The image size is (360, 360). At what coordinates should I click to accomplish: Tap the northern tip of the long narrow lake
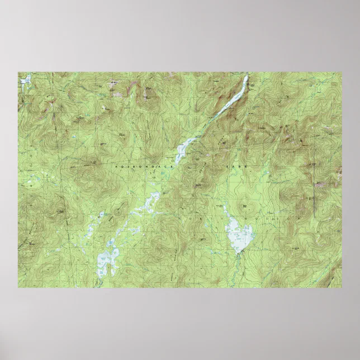point(247,77)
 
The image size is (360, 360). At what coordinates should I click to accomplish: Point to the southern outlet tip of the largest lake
point(239,252)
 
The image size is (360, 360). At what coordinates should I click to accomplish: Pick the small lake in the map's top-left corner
point(25,80)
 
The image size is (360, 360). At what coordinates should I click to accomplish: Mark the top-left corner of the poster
point(18,72)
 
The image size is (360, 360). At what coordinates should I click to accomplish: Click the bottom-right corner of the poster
point(342,288)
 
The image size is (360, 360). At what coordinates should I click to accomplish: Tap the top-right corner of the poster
point(342,72)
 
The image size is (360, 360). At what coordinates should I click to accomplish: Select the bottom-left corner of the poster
point(18,288)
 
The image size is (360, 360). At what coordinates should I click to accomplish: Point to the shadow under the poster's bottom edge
point(180,291)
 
